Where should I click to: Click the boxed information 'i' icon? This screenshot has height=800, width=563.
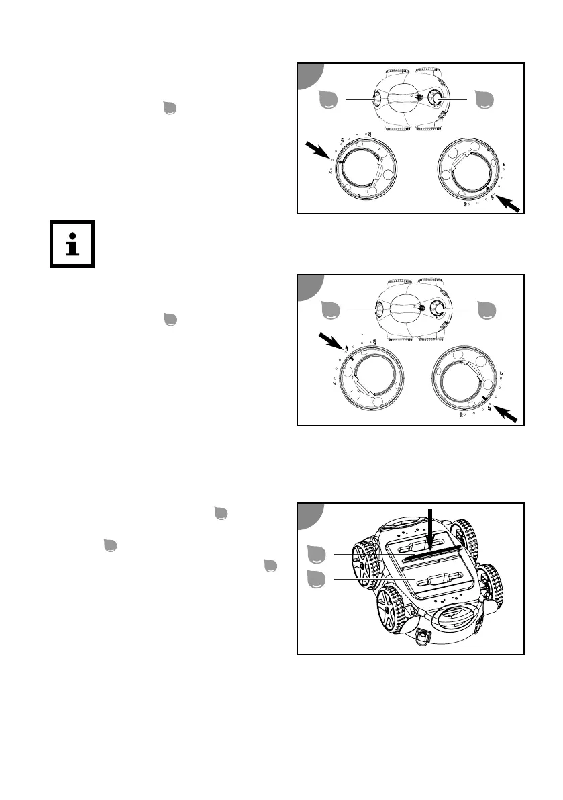pyautogui.click(x=72, y=244)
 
